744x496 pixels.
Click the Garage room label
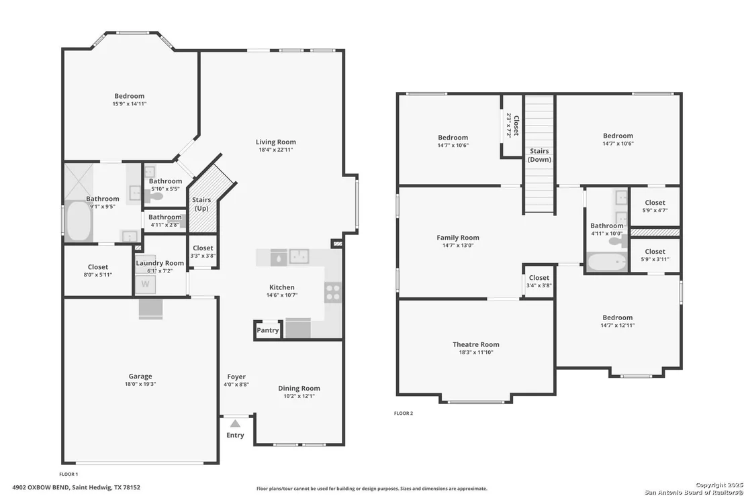click(140, 376)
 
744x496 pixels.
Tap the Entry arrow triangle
click(235, 424)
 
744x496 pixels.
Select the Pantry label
click(268, 330)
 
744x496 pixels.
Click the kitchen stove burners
click(332, 292)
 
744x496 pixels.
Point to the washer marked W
click(146, 285)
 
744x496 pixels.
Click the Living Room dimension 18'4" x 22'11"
click(276, 150)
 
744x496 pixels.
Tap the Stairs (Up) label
click(201, 204)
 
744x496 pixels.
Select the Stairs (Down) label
click(539, 155)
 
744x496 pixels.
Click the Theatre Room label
click(476, 344)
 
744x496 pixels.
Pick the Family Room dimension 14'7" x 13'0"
click(458, 246)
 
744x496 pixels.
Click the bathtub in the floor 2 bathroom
click(607, 262)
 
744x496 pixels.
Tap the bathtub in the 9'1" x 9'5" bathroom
click(79, 221)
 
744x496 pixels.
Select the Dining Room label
click(299, 389)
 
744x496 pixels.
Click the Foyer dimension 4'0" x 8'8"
click(236, 385)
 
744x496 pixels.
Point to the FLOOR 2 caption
click(404, 413)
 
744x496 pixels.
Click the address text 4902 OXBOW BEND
click(41, 487)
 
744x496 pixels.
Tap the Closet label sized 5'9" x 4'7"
click(655, 203)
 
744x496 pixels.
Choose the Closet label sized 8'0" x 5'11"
click(98, 267)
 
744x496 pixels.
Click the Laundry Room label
click(160, 263)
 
